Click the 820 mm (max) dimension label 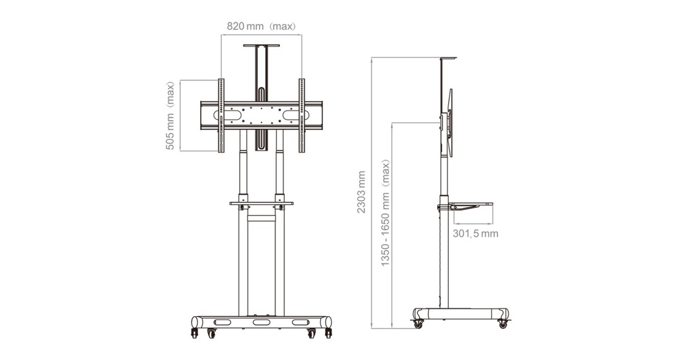pyautogui.click(x=261, y=26)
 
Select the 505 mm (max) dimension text pyautogui.click(x=170, y=115)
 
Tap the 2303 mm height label pyautogui.click(x=361, y=192)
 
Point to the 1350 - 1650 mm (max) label pyautogui.click(x=385, y=213)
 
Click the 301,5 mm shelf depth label pyautogui.click(x=475, y=234)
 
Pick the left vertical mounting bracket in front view pyautogui.click(x=221, y=115)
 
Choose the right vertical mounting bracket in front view pyautogui.click(x=302, y=115)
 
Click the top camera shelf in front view pyautogui.click(x=261, y=46)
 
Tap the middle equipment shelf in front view pyautogui.click(x=261, y=203)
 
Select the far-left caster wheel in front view pyautogui.click(x=194, y=333)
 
